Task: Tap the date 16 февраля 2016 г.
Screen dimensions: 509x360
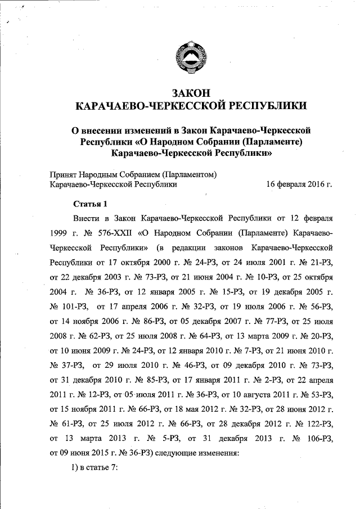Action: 300,183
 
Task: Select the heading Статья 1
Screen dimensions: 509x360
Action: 89,204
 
